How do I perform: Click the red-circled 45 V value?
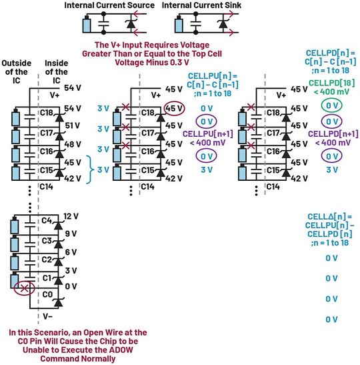pyautogui.click(x=173, y=108)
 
